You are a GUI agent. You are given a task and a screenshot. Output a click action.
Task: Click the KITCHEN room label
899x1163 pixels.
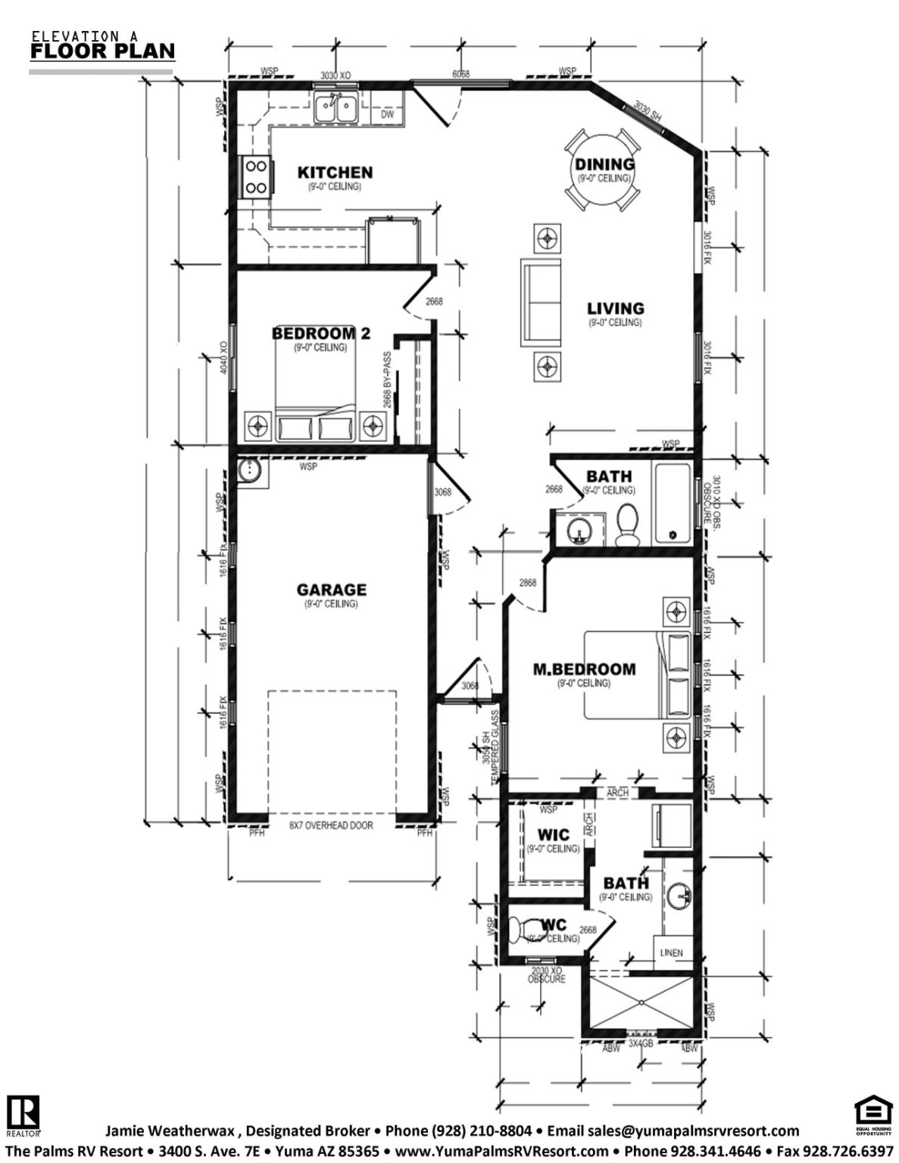[x=335, y=173]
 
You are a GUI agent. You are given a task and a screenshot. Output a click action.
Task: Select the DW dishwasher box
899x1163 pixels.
[x=387, y=114]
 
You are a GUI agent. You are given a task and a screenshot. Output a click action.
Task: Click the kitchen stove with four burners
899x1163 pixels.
[x=254, y=176]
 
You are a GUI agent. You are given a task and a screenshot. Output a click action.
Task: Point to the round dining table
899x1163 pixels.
[x=603, y=173]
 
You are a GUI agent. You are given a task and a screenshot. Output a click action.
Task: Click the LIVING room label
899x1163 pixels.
[x=616, y=308]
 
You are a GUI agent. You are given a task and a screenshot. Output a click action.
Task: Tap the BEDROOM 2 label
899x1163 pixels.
[x=320, y=333]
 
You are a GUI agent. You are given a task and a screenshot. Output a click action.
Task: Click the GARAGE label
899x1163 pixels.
[x=331, y=590]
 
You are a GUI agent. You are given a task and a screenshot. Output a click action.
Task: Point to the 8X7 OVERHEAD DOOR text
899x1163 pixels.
[x=331, y=825]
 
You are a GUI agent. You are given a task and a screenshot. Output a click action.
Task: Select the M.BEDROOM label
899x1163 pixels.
[x=584, y=669]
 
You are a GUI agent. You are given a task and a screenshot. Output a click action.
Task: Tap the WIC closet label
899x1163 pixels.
[x=553, y=835]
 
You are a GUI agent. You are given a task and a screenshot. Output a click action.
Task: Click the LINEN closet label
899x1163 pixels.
[x=671, y=953]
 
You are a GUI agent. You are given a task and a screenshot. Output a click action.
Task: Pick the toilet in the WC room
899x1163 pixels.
[x=524, y=929]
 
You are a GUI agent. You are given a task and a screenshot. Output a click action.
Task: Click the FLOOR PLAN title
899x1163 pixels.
[x=102, y=51]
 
